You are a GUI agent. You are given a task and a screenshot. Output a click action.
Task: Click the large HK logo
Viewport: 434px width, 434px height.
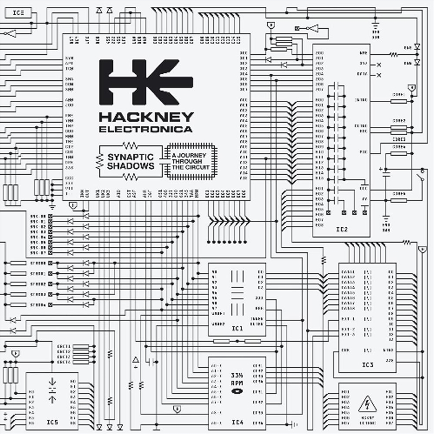[145, 82]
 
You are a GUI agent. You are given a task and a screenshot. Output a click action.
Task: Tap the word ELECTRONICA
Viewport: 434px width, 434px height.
[145, 130]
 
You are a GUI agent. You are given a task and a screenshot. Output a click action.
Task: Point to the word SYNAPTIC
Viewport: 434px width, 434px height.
[130, 157]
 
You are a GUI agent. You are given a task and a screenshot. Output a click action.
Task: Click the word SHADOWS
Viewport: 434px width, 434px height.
[130, 165]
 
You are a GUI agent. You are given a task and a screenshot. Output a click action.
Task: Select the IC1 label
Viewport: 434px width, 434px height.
[237, 328]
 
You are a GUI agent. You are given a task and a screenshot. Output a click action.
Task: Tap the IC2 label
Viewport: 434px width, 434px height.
[341, 229]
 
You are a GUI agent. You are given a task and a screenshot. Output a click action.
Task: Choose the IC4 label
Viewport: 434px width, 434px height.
[237, 422]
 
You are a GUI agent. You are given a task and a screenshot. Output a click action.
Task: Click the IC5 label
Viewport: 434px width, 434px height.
[52, 422]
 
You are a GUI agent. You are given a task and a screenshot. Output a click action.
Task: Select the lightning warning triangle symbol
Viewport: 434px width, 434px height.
[367, 405]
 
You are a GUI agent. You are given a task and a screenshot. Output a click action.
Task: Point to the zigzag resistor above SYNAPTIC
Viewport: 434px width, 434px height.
[130, 145]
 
